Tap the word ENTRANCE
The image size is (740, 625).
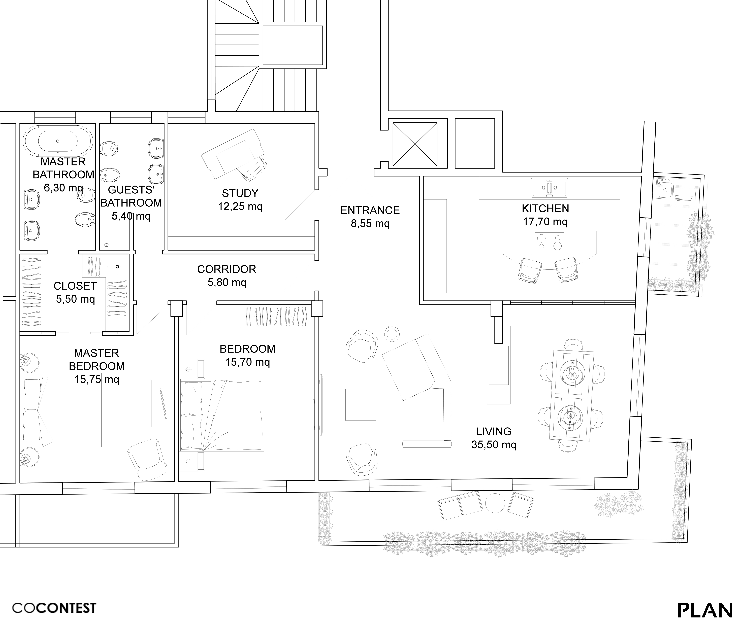tap(370, 211)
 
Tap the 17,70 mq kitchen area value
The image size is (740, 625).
tap(545, 222)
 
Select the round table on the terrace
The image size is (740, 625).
tap(495, 503)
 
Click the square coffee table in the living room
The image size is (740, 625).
tap(361, 405)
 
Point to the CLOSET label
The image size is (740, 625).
tap(75, 286)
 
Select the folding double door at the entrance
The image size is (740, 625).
tap(350, 188)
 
